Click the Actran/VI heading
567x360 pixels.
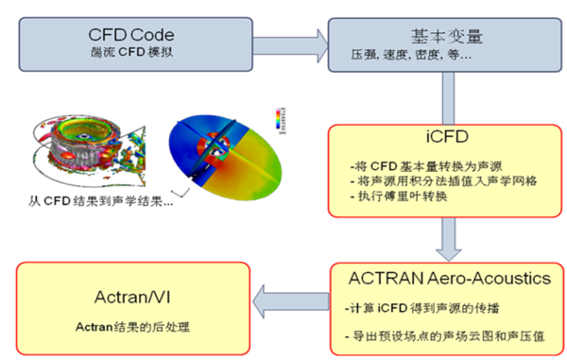pos(132,294)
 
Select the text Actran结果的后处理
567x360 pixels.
pos(132,327)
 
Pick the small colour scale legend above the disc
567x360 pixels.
pos(276,117)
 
